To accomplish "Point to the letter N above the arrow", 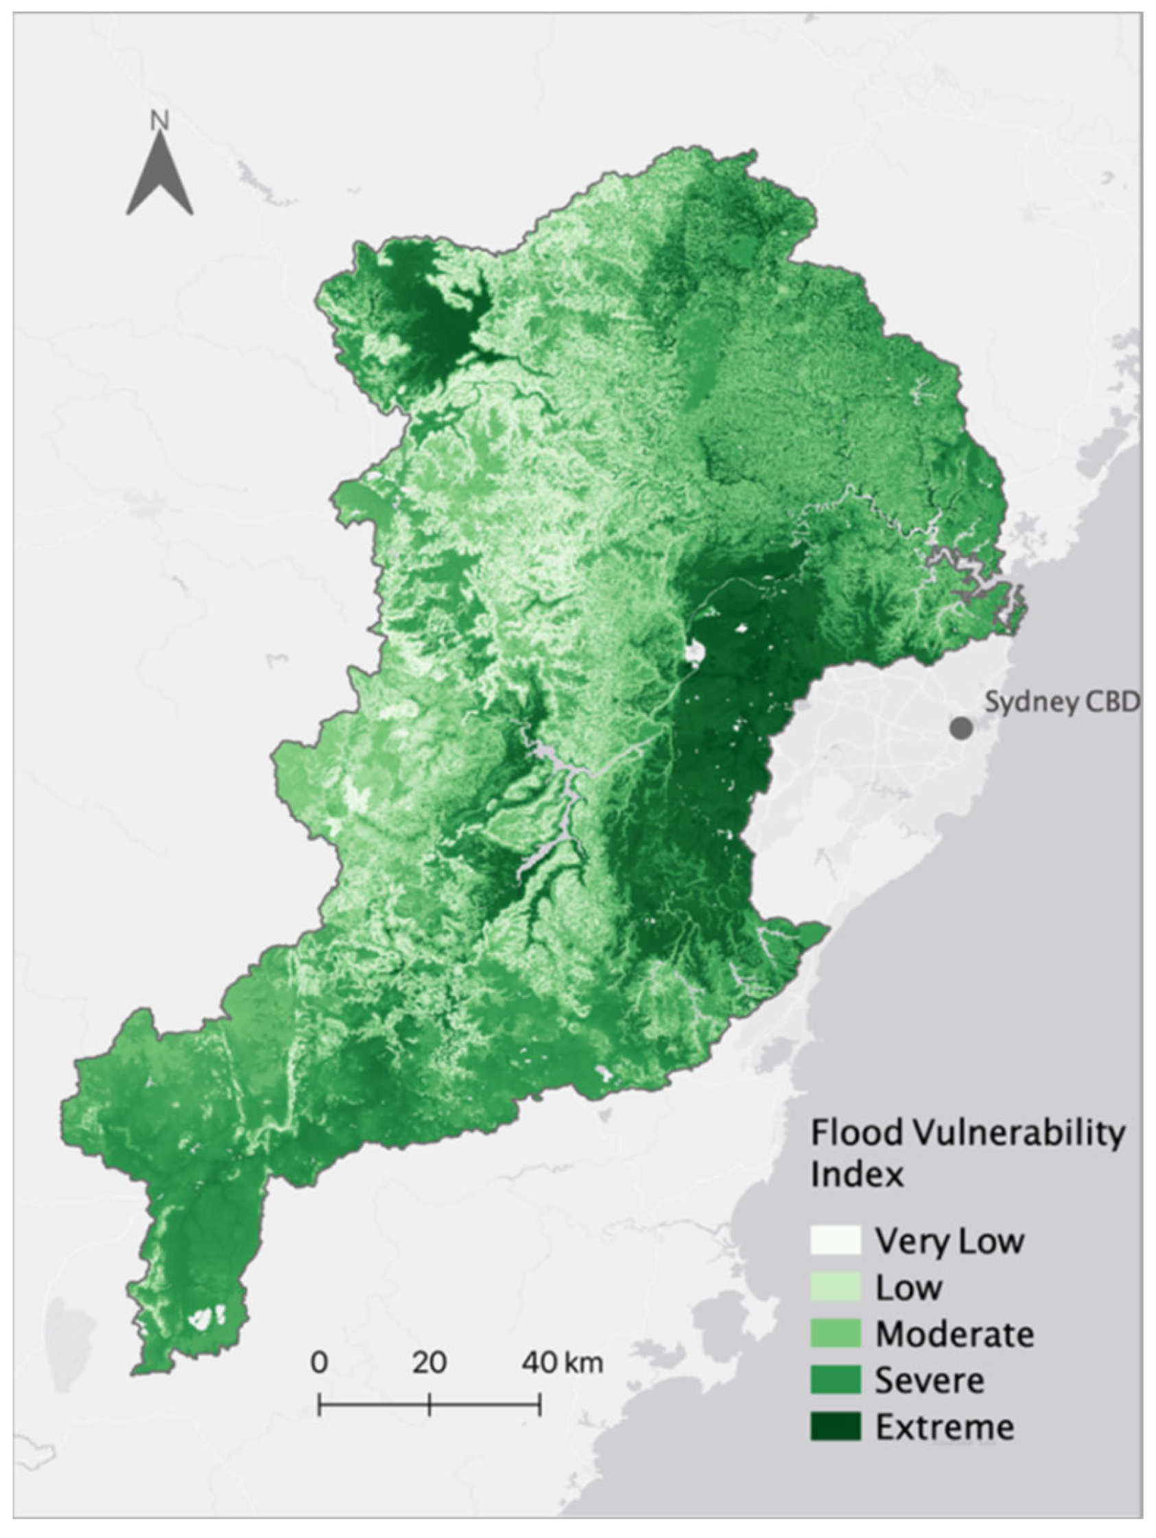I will (160, 121).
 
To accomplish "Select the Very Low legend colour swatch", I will (835, 1240).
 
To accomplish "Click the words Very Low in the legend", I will (949, 1241).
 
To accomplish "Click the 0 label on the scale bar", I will (319, 1362).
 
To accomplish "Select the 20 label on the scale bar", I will (429, 1362).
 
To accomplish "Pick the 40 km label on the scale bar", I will (563, 1362).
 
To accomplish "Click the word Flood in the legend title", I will (857, 1133).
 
